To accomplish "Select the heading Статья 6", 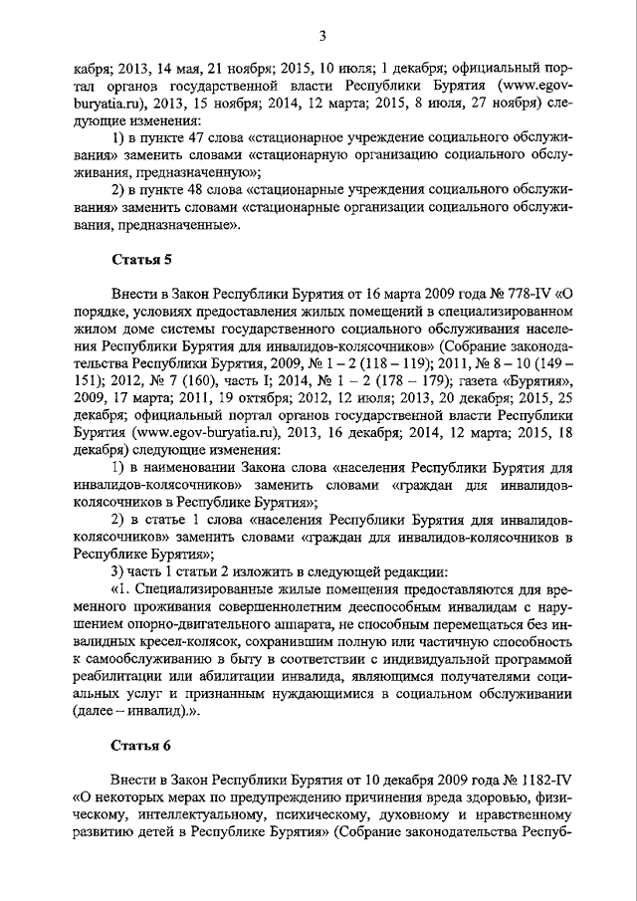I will pos(133,744).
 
